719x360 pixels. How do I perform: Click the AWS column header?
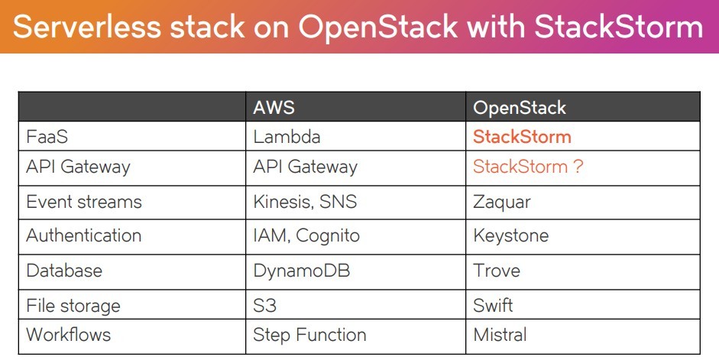pos(274,108)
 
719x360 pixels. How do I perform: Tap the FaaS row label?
pos(47,137)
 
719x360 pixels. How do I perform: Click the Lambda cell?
pos(287,137)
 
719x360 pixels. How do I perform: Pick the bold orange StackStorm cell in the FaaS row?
pos(522,137)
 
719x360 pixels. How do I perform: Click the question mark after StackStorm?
pos(578,166)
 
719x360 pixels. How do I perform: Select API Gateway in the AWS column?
pos(305,167)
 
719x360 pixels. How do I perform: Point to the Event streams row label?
pos(84,202)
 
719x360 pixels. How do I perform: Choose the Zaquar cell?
pos(502,203)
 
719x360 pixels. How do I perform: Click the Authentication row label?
pos(83,235)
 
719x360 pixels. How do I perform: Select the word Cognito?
pos(327,236)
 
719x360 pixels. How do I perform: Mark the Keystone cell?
pos(511,236)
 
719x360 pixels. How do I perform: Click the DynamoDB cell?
pos(301,271)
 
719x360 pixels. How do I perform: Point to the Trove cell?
pos(497,271)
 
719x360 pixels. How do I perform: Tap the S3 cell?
pos(264,306)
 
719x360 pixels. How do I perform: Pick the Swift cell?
pos(493,306)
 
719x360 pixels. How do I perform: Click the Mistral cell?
pos(500,335)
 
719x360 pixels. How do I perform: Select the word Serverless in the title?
pos(87,27)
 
